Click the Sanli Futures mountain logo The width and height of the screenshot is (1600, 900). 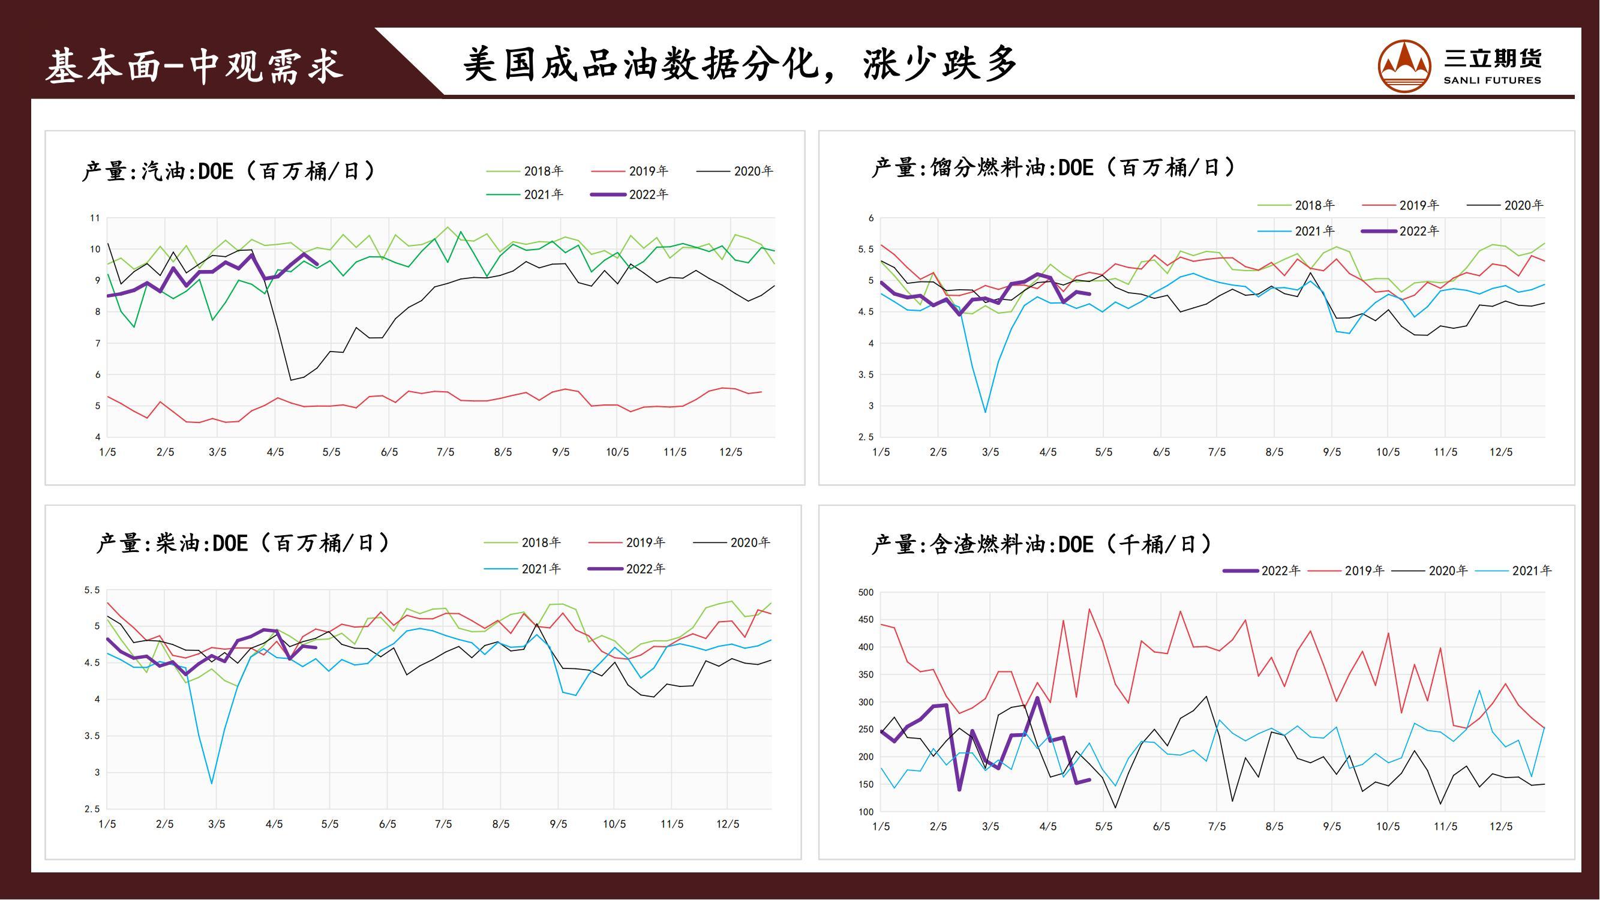(x=1404, y=67)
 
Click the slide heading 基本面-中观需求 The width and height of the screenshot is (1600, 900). (x=194, y=67)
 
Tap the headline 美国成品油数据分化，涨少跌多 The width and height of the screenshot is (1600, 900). (x=739, y=64)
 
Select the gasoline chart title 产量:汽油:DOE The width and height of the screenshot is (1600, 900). (x=228, y=171)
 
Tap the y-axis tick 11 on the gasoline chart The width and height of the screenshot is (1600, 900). (x=95, y=218)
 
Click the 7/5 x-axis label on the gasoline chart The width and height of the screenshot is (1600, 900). (x=445, y=452)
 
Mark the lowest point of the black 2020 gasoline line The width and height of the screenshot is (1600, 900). (x=290, y=380)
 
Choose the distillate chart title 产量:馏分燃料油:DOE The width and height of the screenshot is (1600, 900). (x=1053, y=168)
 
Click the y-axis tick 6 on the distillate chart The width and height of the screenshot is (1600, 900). (x=872, y=218)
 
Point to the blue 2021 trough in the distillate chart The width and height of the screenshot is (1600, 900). (x=985, y=412)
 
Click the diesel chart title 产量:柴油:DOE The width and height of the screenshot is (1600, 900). (x=242, y=544)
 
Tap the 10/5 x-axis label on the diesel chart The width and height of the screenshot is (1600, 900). (x=614, y=824)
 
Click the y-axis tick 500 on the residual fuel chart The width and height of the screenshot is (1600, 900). (x=866, y=593)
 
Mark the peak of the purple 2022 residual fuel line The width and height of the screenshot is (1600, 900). (x=1037, y=698)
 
